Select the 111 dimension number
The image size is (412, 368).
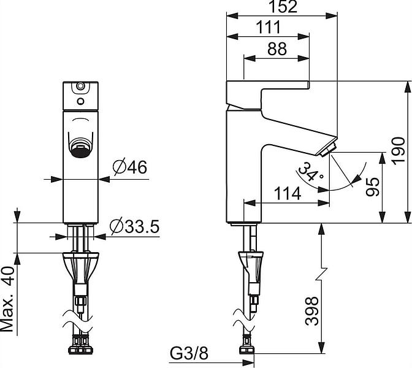(x=269, y=28)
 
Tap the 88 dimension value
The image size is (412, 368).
(x=277, y=49)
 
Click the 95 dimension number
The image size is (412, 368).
(x=373, y=187)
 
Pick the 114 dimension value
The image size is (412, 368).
(x=287, y=193)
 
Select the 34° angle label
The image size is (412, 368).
(x=311, y=172)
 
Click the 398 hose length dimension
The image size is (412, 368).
(x=312, y=311)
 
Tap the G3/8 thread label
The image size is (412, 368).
(x=189, y=353)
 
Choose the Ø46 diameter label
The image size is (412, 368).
(x=130, y=167)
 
